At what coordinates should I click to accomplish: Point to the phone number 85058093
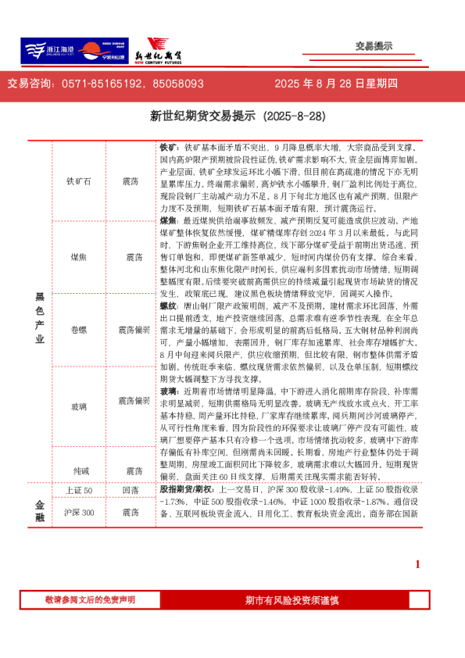pyautogui.click(x=179, y=84)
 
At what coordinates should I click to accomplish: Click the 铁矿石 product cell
pyautogui.click(x=79, y=181)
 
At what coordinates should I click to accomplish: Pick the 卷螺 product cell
pyautogui.click(x=79, y=331)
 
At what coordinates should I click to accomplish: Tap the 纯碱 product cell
pyautogui.click(x=79, y=470)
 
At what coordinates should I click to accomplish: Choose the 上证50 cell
pyautogui.click(x=79, y=490)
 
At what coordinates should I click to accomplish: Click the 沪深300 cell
pyautogui.click(x=79, y=512)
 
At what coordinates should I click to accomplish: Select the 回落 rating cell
pyautogui.click(x=131, y=490)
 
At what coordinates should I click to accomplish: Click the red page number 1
pyautogui.click(x=417, y=564)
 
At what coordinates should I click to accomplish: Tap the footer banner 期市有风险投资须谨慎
pyautogui.click(x=292, y=599)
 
